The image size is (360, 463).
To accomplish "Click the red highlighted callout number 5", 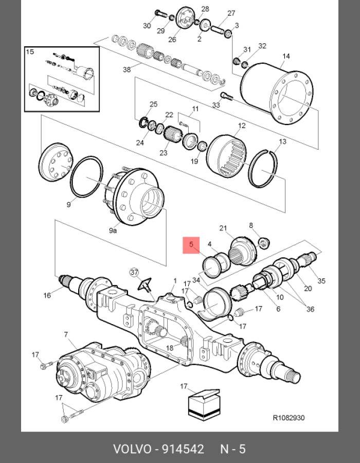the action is click(x=191, y=245).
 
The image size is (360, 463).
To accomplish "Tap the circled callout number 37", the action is click(x=134, y=272).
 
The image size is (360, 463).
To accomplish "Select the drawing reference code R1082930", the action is click(x=289, y=418).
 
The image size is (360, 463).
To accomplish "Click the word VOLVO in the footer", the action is click(x=132, y=449).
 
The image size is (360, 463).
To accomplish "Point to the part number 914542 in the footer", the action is click(x=183, y=449).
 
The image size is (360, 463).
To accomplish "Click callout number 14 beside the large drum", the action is click(x=286, y=56).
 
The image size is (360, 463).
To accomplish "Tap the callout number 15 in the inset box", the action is click(x=30, y=51).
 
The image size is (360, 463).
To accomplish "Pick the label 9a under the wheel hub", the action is click(x=113, y=230).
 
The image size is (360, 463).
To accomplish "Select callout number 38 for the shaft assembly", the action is click(x=127, y=69).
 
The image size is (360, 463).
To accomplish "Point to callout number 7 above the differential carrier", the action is click(x=66, y=334).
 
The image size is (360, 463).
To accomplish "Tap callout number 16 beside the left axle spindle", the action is click(x=47, y=295).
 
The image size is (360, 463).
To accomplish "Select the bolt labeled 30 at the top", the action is click(x=159, y=13).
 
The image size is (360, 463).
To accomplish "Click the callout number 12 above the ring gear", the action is click(x=242, y=126).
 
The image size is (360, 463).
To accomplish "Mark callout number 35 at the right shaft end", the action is click(x=321, y=280).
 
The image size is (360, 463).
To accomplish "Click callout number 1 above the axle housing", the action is click(x=175, y=280).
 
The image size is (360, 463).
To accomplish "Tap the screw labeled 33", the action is click(x=227, y=96).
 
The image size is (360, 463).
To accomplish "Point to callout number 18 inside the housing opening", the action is click(x=170, y=348).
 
